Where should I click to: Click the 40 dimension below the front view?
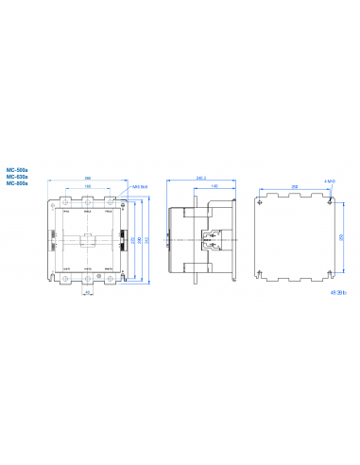tap(87, 292)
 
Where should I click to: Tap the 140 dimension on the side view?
tap(215, 187)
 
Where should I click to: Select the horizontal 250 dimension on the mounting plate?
tap(295, 188)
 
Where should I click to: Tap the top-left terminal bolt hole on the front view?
tap(63, 202)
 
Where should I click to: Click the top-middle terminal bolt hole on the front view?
tap(87, 202)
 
